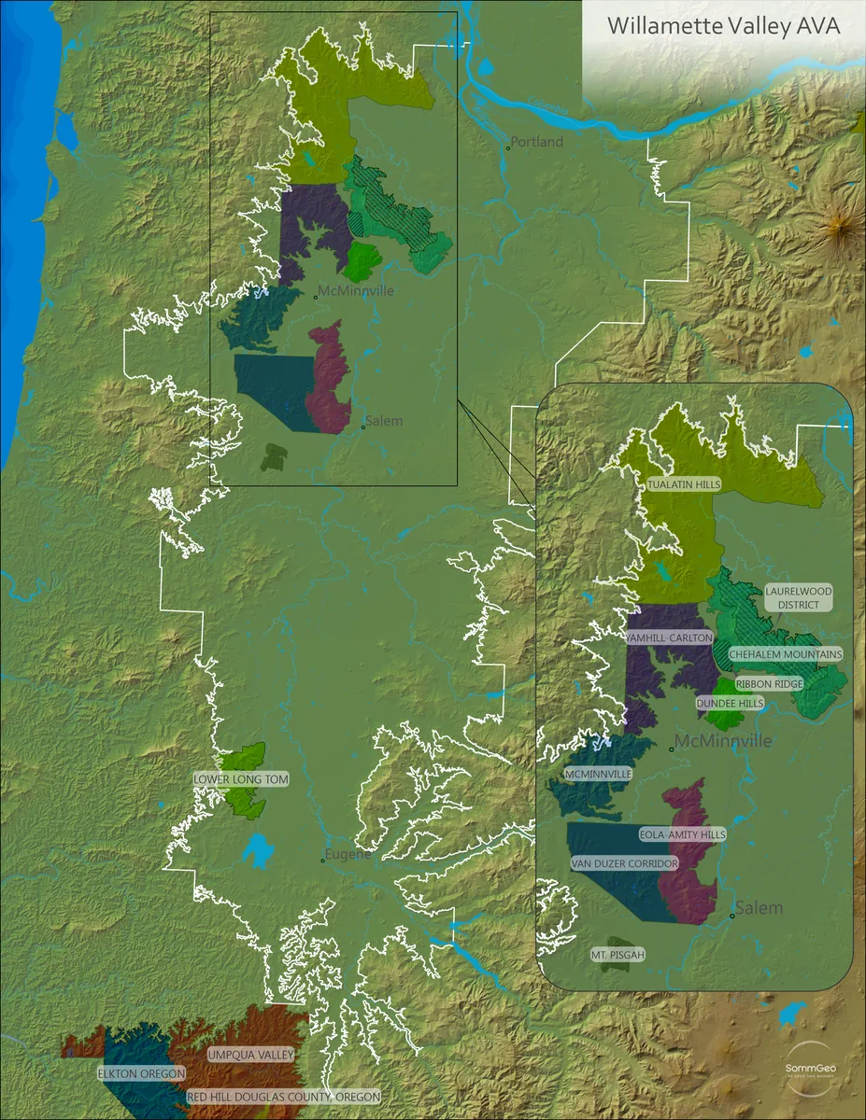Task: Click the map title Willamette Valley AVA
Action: pyautogui.click(x=723, y=26)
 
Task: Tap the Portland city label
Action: pyautogui.click(x=537, y=142)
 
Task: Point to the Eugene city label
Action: pyautogui.click(x=348, y=854)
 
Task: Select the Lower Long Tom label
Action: pyautogui.click(x=241, y=778)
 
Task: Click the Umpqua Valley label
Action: pyautogui.click(x=250, y=1054)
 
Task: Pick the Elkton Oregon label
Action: pyautogui.click(x=141, y=1074)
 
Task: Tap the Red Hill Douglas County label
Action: pyautogui.click(x=283, y=1098)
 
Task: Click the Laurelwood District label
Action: pyautogui.click(x=798, y=597)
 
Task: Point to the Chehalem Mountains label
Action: pyautogui.click(x=785, y=654)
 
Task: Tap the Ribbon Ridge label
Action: pyautogui.click(x=769, y=684)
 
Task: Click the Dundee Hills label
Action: pyautogui.click(x=730, y=703)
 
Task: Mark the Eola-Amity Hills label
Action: pyautogui.click(x=682, y=834)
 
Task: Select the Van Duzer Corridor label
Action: pyautogui.click(x=624, y=864)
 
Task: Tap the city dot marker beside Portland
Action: pyautogui.click(x=508, y=147)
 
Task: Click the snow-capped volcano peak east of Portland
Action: pyautogui.click(x=838, y=224)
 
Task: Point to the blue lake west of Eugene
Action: pyautogui.click(x=258, y=850)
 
